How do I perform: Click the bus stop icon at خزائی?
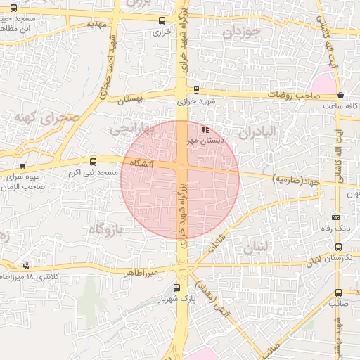point(162,21)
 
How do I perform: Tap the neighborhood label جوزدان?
point(241,32)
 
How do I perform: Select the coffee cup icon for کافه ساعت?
point(341,95)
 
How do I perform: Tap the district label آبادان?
point(257,132)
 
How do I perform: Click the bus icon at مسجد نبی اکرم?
point(94,162)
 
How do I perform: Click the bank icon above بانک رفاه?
point(335,217)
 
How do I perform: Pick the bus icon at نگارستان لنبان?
point(339,247)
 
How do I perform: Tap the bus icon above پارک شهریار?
point(176,288)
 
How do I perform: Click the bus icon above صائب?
point(338,292)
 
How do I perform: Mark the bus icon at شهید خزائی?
point(195,90)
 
